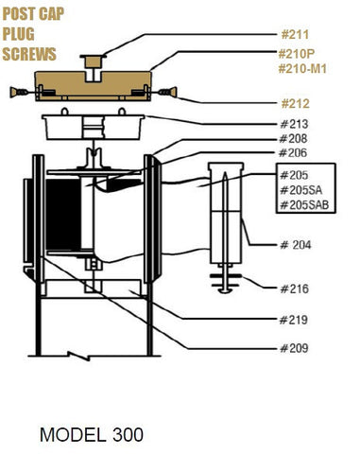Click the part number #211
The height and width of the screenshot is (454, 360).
(295, 34)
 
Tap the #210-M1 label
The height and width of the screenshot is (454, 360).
(302, 68)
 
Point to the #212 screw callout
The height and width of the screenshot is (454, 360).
(295, 104)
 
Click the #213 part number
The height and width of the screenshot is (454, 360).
(294, 124)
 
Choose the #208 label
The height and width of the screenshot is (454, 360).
(293, 138)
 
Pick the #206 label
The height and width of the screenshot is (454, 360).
(293, 153)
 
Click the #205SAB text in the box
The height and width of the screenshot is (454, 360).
(304, 205)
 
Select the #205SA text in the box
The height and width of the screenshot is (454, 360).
(301, 190)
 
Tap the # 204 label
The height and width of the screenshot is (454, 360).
(296, 245)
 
